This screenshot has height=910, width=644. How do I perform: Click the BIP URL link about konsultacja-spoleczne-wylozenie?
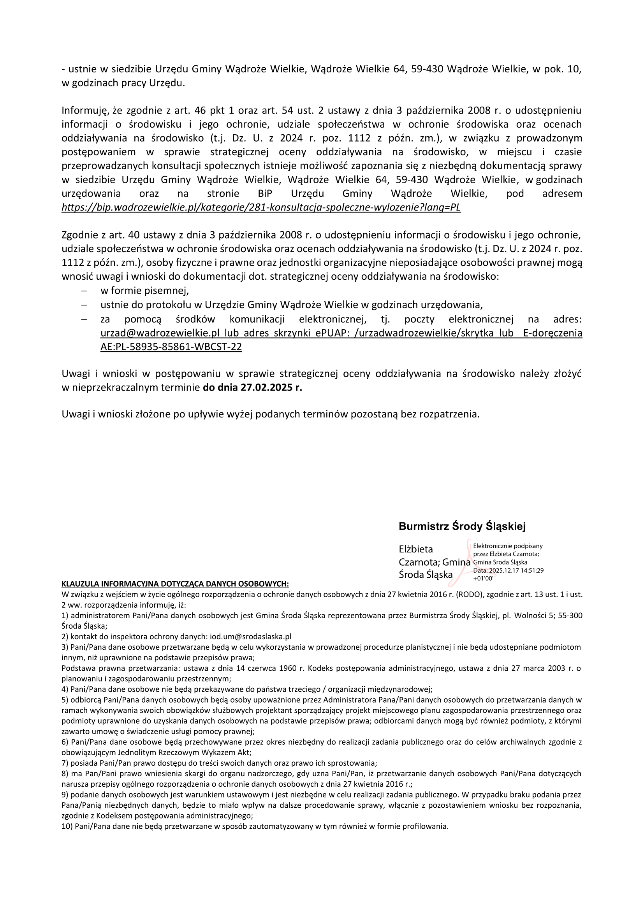pyautogui.click(x=261, y=208)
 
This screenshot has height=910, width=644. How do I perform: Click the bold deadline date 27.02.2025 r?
pyautogui.click(x=252, y=387)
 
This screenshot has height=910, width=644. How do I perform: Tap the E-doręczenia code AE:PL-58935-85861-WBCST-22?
pyautogui.click(x=171, y=347)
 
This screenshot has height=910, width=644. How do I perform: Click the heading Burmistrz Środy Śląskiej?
pyautogui.click(x=462, y=526)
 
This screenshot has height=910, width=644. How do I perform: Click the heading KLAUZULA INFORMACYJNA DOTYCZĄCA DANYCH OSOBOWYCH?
pyautogui.click(x=175, y=584)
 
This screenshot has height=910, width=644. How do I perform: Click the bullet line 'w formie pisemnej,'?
pyautogui.click(x=144, y=291)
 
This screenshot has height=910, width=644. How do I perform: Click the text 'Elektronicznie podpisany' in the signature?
pyautogui.click(x=508, y=546)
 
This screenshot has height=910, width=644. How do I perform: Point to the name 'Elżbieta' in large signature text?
pyautogui.click(x=415, y=549)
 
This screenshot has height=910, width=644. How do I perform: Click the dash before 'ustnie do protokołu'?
pyautogui.click(x=84, y=305)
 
